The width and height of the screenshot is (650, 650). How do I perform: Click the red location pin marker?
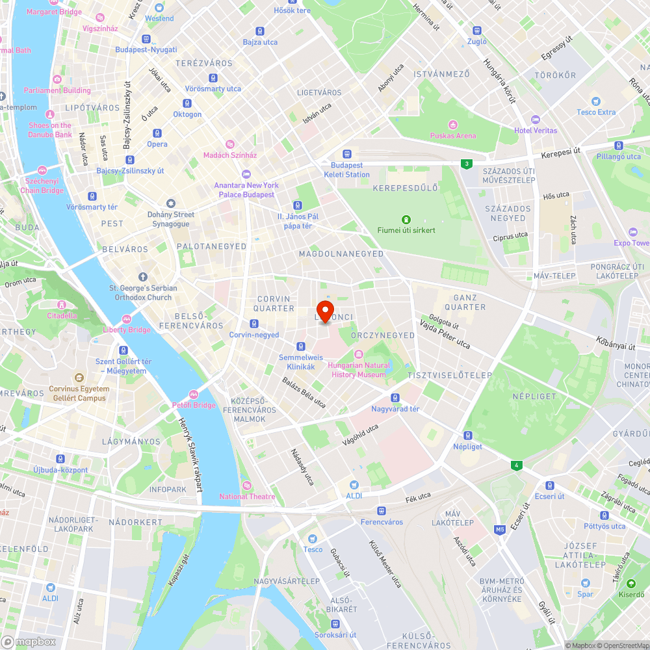pos(325,309)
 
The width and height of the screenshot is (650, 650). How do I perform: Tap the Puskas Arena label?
pos(452,136)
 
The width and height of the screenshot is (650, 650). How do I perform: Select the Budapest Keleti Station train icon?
pos(347,154)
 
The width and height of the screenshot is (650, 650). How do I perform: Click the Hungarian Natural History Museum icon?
pos(358,354)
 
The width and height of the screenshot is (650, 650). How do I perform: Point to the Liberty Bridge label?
pos(127,330)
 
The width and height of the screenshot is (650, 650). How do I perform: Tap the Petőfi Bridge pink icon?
pos(193,395)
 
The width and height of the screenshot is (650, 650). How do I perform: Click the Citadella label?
pos(62,316)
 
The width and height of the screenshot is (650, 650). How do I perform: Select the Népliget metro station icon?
pos(467,435)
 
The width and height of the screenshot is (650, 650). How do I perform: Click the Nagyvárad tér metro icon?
pos(395,398)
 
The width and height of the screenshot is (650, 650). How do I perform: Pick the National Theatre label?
pos(247,497)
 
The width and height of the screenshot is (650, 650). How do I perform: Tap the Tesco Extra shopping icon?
pos(595,101)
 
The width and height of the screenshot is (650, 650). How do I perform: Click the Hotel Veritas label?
pos(536,131)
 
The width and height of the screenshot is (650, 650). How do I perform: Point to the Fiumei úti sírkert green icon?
pos(406,219)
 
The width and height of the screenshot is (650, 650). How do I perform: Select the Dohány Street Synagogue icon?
pos(171,203)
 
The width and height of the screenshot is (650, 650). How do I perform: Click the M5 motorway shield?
pos(500,530)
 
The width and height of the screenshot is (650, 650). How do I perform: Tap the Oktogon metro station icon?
pos(187,103)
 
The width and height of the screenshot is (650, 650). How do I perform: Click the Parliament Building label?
pos(58,90)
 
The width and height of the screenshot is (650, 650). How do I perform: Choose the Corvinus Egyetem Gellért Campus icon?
pos(79,377)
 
